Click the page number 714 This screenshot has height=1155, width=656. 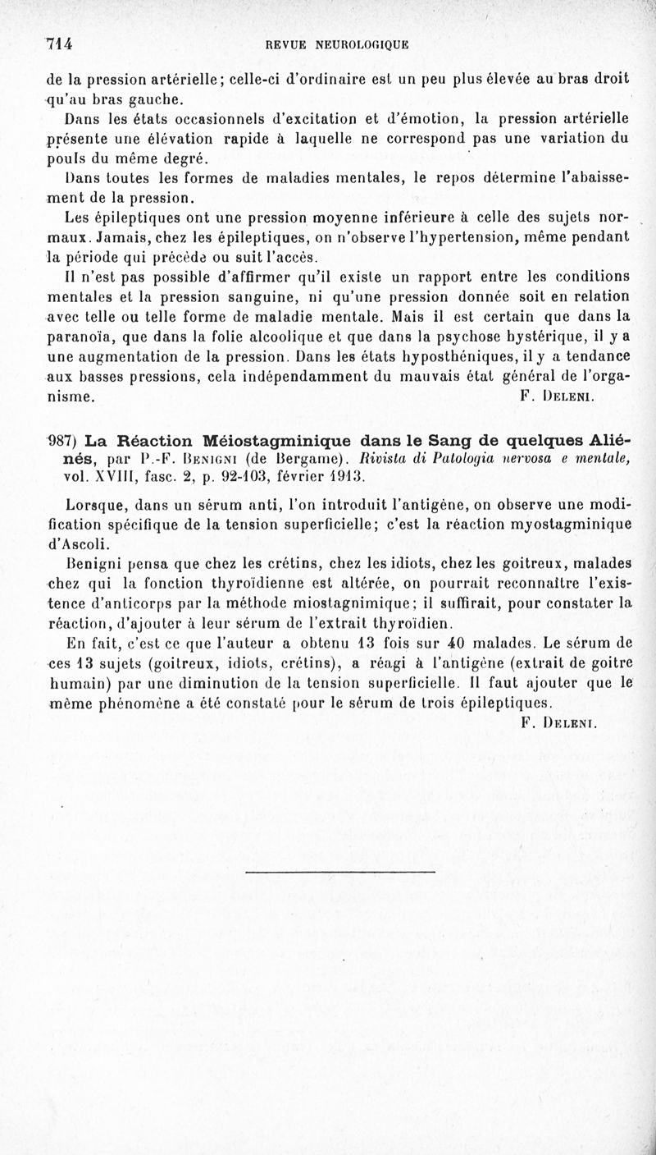(x=60, y=44)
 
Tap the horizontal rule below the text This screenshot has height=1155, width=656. (x=339, y=871)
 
